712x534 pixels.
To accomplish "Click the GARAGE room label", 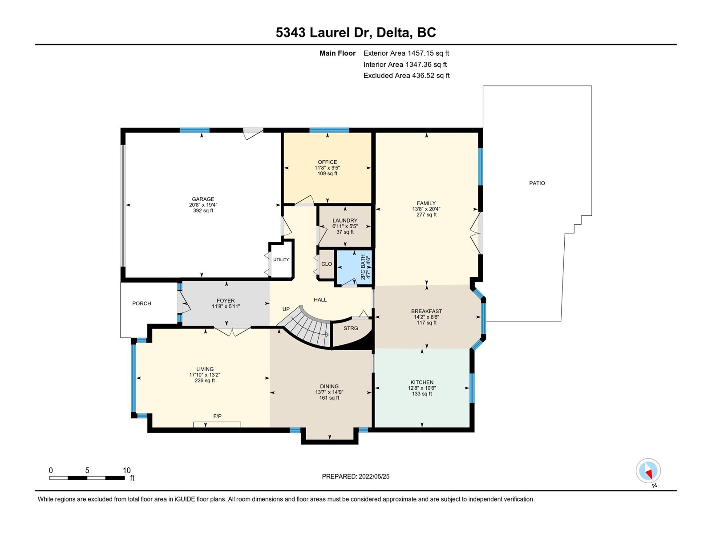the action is (x=203, y=199).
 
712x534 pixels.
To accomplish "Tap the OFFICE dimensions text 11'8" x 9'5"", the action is (x=327, y=168).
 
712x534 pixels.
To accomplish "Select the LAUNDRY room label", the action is (x=345, y=220).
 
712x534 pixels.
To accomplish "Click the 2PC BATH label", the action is (x=363, y=267).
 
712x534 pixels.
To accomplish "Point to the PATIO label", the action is (x=537, y=183).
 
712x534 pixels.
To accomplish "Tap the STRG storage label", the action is (x=351, y=328).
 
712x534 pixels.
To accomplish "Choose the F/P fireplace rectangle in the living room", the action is (x=217, y=425).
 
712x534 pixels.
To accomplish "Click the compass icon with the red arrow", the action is (x=648, y=470).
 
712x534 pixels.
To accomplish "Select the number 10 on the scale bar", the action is (x=126, y=470).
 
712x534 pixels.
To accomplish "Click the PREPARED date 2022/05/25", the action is (x=374, y=476).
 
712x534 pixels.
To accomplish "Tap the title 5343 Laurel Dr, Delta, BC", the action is (x=356, y=32).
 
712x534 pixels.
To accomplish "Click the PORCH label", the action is (x=142, y=303).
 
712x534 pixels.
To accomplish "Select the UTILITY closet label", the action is (x=281, y=260).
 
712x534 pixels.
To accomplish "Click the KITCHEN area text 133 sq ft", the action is (x=422, y=394).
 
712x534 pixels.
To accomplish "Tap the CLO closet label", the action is (x=327, y=264).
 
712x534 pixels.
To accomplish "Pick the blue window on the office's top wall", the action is (x=329, y=130).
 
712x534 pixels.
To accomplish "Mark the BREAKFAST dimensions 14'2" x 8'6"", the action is (x=426, y=317).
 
